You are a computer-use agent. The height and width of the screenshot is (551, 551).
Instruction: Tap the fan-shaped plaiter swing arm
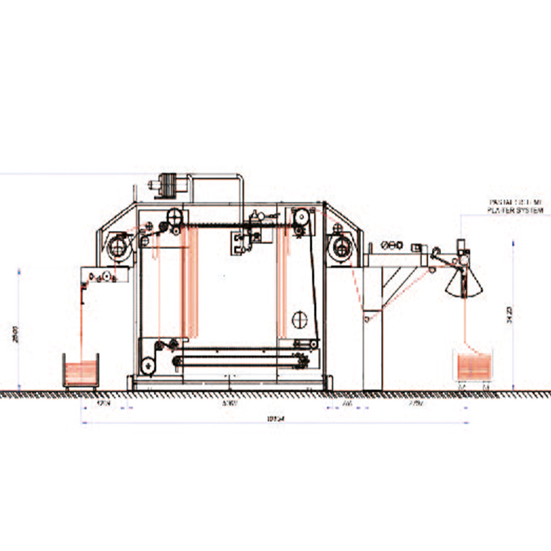[x=464, y=281]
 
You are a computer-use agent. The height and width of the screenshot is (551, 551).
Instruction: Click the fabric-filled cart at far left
[x=82, y=371]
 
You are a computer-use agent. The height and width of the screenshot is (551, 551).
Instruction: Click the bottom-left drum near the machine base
[x=147, y=365]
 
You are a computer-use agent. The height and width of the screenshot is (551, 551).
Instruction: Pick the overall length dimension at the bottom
[x=275, y=419]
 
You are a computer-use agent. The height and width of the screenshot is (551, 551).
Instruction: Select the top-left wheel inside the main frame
[x=175, y=215]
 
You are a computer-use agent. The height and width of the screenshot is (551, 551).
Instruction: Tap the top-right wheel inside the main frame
[x=300, y=216]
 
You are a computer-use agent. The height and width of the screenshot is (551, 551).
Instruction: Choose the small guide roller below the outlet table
[x=367, y=318]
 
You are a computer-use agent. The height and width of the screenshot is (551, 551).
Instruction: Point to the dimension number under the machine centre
[x=229, y=404]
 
